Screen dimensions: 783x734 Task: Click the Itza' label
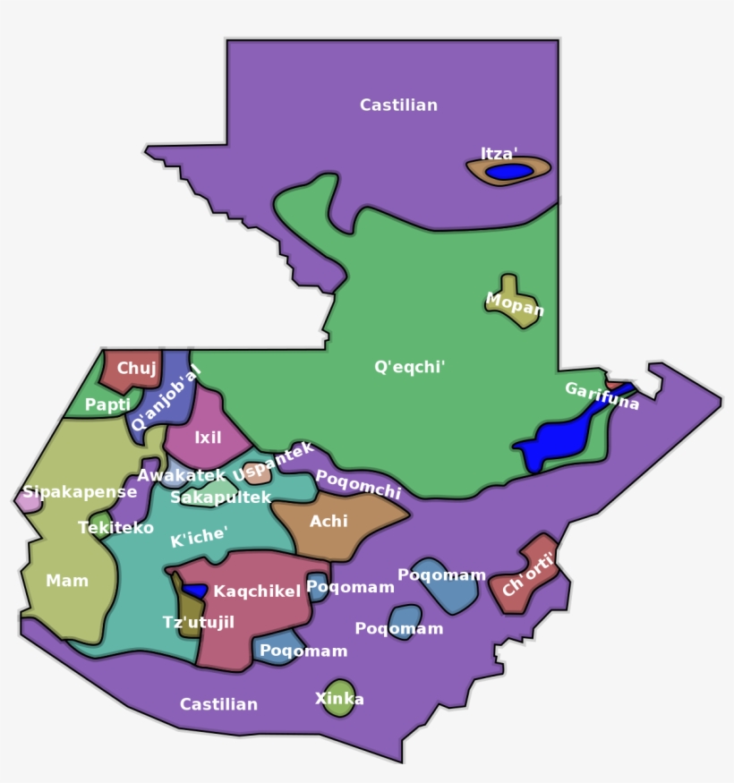click(499, 154)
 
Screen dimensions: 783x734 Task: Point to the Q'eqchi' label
click(409, 367)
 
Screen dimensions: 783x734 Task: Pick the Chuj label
click(136, 368)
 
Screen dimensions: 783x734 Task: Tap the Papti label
click(107, 404)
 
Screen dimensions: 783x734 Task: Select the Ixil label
click(208, 438)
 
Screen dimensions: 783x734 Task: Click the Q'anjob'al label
click(166, 398)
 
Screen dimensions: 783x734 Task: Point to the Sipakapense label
click(80, 491)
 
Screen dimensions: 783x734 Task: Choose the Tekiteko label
click(115, 528)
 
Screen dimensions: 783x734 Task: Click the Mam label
click(67, 581)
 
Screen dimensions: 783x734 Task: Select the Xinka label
click(339, 699)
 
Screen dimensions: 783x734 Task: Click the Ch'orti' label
click(528, 574)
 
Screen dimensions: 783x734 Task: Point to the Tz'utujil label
click(198, 622)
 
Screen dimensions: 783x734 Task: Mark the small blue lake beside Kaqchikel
click(195, 592)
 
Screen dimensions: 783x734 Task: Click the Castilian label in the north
click(398, 105)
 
